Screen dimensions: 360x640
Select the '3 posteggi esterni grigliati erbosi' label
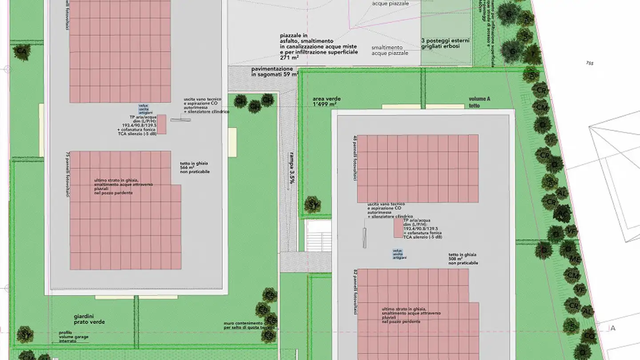pyautogui.click(x=445, y=43)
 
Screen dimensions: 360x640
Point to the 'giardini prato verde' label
pyautogui.click(x=89, y=319)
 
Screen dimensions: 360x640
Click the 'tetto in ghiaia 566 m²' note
pyautogui.click(x=195, y=168)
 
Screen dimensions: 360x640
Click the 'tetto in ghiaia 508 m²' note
pyautogui.click(x=463, y=259)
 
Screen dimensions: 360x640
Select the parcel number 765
pyautogui.click(x=590, y=63)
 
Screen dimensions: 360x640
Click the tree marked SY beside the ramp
pyautogui.click(x=312, y=205)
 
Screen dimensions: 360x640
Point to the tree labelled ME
pyautogui.click(x=575, y=259)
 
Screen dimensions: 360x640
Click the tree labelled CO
pyautogui.click(x=589, y=336)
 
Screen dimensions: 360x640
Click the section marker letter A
pyautogui.click(x=613, y=328)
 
